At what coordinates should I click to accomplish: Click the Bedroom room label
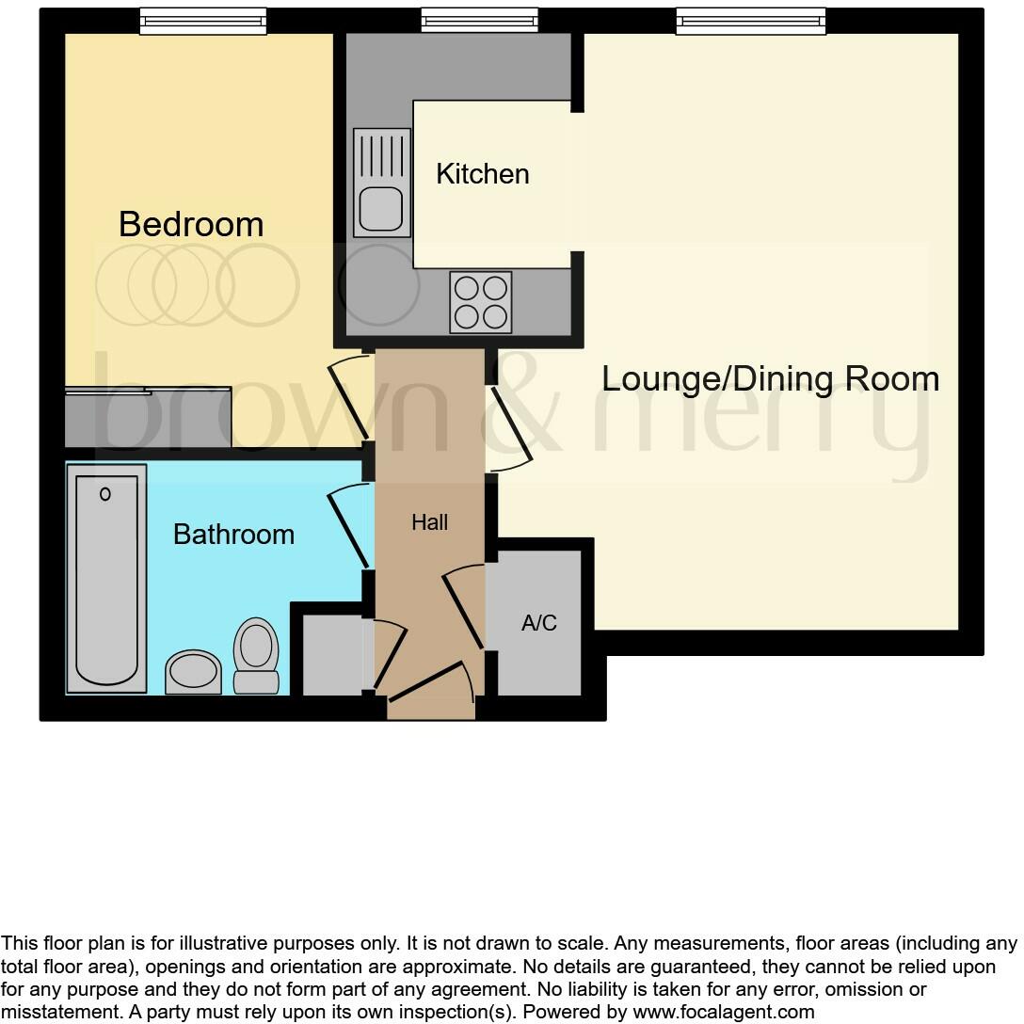coord(191,224)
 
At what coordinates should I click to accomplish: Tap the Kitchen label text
coord(482,174)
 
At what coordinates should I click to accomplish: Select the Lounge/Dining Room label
coord(770,378)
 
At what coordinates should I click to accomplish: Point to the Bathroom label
coord(233,535)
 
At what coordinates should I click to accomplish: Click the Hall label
coord(429,522)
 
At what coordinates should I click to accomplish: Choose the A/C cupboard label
coord(538,623)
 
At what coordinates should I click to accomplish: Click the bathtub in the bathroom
coord(106,578)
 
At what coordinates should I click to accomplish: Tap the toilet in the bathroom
coord(256,655)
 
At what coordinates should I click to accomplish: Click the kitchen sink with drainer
coord(382,183)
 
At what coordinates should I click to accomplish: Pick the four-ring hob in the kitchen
coord(481,302)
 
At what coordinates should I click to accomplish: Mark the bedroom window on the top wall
coord(202,21)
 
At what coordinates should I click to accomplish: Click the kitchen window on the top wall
coord(479,20)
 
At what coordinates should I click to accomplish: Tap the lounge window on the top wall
coord(750,21)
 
